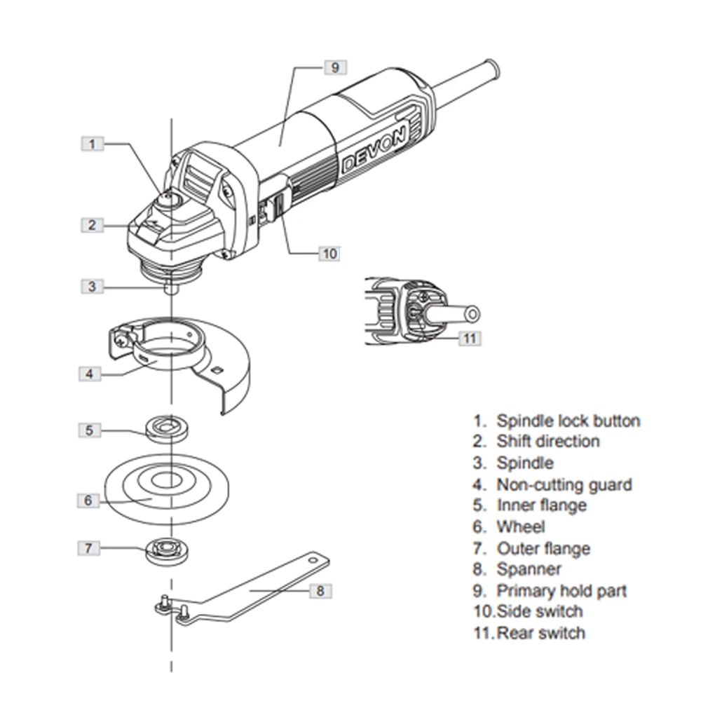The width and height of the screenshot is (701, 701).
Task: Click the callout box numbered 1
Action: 93,144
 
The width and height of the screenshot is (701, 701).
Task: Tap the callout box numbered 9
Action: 334,67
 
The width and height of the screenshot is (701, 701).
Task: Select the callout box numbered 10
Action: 329,253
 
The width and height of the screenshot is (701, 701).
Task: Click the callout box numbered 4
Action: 89,373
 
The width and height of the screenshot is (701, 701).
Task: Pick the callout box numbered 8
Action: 320,590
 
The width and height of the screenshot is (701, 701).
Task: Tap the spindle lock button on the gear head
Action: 168,200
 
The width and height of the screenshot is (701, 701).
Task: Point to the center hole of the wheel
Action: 165,480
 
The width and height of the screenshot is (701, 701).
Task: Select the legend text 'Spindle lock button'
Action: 568,421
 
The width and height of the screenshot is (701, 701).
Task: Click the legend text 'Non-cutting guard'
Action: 564,484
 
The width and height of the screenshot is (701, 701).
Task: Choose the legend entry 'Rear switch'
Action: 540,633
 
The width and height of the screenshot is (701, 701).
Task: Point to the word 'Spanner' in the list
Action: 529,569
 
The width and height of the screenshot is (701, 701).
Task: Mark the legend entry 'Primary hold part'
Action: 562,591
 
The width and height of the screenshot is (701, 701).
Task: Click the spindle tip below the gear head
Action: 171,285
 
